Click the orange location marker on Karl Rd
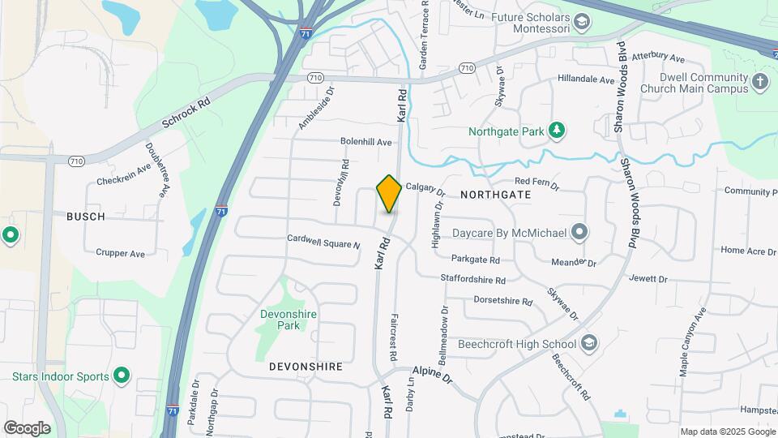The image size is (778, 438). [x=389, y=193]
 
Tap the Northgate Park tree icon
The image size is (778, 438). [x=556, y=130]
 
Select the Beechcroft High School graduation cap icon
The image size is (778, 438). [x=589, y=344]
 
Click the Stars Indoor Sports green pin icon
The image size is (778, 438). [x=122, y=376]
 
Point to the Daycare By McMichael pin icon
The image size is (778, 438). [x=579, y=233]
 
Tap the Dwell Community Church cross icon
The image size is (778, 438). [x=759, y=82]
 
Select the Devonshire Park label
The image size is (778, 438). [x=288, y=320]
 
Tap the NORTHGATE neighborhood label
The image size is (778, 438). [x=495, y=195]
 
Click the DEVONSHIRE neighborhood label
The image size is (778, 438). [x=306, y=367]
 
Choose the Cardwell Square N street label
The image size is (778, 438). [x=323, y=241]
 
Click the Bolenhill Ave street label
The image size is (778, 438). [x=365, y=142]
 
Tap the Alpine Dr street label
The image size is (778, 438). [x=432, y=374]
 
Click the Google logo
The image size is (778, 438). [x=27, y=427]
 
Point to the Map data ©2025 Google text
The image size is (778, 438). [x=726, y=432]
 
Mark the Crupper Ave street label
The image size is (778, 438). [x=120, y=253]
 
